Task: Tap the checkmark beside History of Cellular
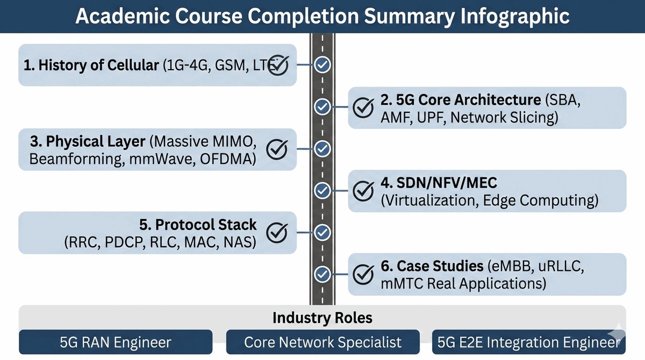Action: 278,65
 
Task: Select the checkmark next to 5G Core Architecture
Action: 363,107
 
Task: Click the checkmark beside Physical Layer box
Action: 278,148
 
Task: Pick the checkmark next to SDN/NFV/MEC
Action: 363,190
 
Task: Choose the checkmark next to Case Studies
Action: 363,273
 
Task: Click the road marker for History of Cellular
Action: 322,65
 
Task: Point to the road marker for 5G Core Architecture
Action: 322,107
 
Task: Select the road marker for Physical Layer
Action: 322,148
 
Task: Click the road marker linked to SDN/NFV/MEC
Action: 322,190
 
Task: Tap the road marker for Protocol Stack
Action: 322,232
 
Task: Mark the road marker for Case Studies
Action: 322,273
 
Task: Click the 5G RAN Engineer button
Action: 116,342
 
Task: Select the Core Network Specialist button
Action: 322,342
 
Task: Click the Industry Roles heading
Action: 322,318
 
